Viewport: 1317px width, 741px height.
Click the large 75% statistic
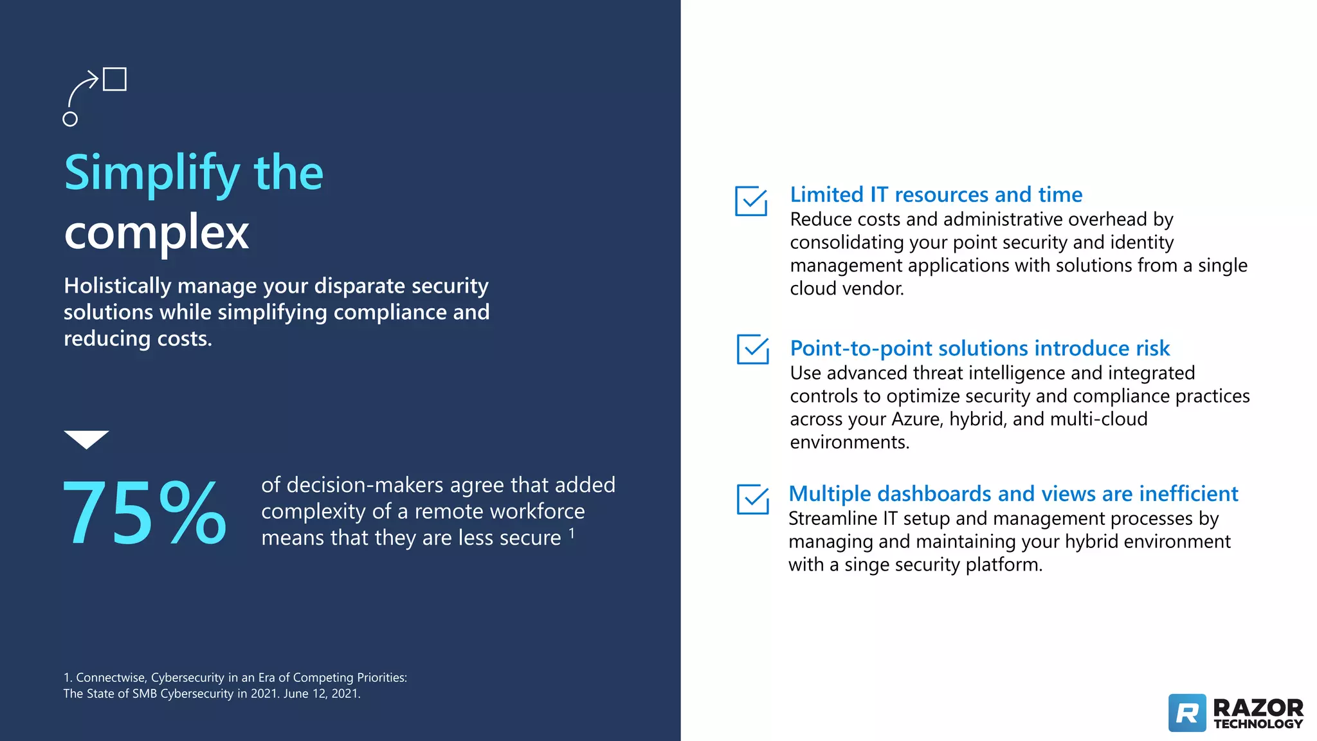coord(145,513)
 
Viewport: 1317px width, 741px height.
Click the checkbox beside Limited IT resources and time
coord(751,201)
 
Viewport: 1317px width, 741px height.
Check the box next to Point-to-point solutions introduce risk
coord(752,349)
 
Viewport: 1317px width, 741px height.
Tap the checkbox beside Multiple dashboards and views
coord(752,500)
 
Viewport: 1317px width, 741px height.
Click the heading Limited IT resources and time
coord(936,194)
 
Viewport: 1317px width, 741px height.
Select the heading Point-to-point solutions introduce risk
coord(979,348)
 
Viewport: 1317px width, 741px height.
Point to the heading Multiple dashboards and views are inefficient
coord(1013,493)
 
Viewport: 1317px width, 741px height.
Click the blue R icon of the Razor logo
coord(1187,713)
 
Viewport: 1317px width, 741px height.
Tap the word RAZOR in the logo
coord(1257,708)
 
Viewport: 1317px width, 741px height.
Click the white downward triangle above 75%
coord(86,439)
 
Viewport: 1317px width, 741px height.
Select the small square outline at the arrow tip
coord(114,79)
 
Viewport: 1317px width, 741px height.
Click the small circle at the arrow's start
coord(70,119)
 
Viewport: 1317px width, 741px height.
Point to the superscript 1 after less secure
coord(572,533)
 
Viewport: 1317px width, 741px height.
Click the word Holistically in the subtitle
coord(117,286)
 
